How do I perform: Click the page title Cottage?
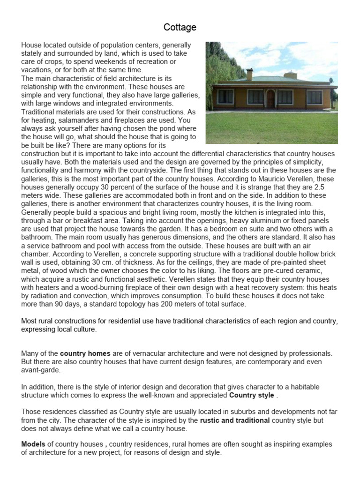pos(180,28)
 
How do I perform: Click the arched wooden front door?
pos(270,98)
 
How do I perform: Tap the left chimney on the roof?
pos(249,75)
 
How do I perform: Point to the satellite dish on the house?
pos(331,81)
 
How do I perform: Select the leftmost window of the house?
pos(226,97)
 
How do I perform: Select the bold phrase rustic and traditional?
pos(235,420)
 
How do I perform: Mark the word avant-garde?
pos(40,370)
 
